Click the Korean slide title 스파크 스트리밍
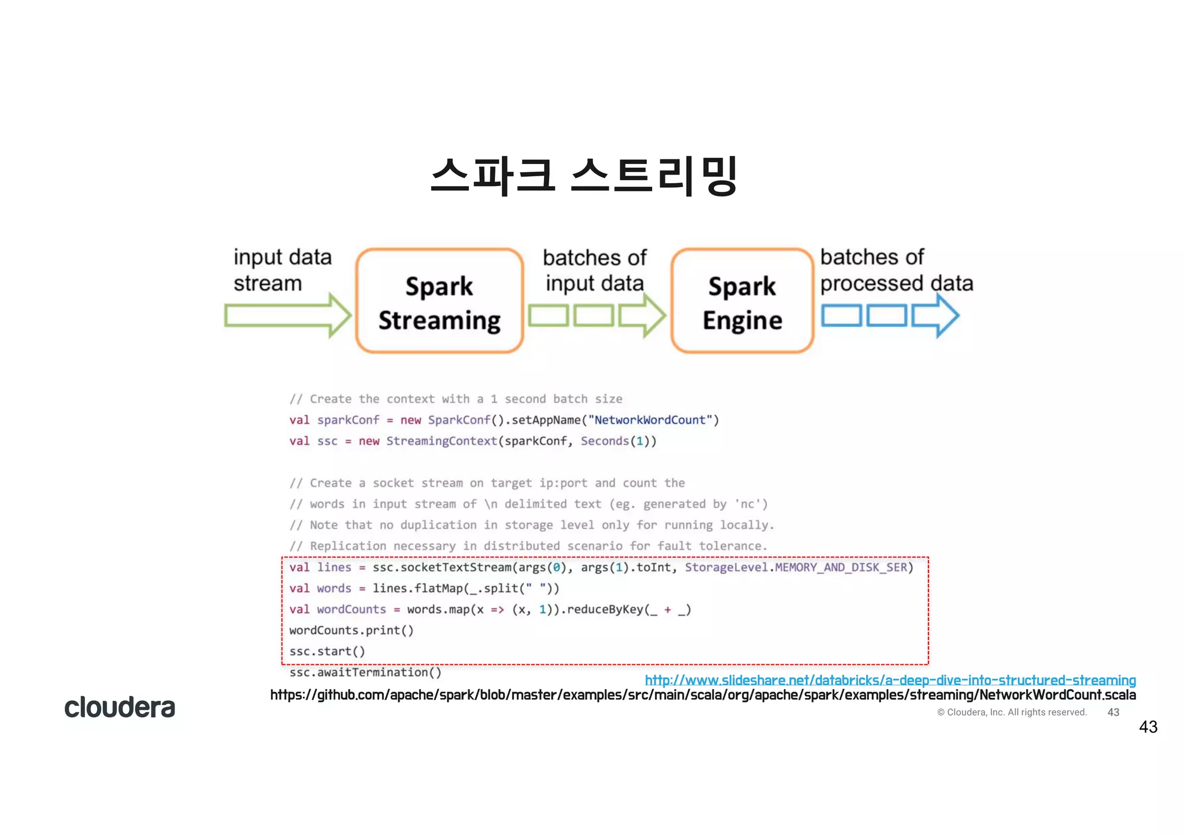tap(584, 175)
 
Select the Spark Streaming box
tap(439, 301)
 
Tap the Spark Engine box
tap(742, 301)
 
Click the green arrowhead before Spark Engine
tap(644, 315)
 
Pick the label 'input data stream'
tap(283, 270)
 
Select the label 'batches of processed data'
tap(896, 270)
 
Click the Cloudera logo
tap(120, 707)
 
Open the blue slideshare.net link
tap(890, 680)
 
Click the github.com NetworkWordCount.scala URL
tap(703, 695)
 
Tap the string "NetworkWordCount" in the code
tap(650, 420)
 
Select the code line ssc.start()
tap(327, 651)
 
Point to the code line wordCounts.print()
tap(351, 630)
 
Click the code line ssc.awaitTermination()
tap(365, 672)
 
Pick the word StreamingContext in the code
tap(442, 441)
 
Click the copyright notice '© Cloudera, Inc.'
tap(1012, 712)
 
